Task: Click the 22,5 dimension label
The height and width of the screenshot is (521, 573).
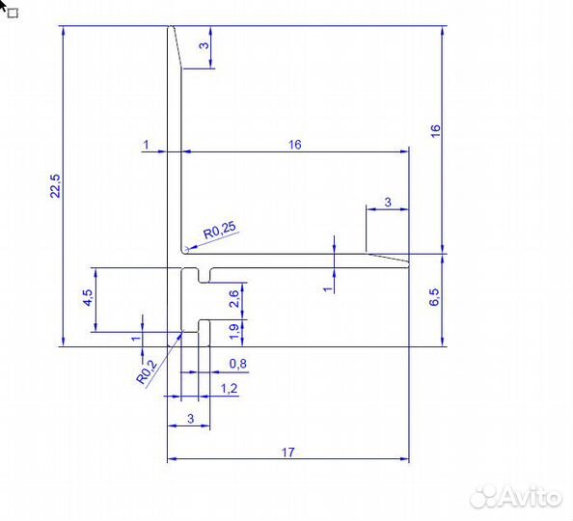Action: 55,186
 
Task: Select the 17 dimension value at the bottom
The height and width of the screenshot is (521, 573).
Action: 288,452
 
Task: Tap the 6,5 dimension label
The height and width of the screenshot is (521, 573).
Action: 434,297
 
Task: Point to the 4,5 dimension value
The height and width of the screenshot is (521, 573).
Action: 88,297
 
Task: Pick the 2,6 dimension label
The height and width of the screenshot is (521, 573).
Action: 233,299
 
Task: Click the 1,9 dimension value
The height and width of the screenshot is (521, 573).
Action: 233,332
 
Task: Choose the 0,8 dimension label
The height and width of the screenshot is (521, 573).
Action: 238,364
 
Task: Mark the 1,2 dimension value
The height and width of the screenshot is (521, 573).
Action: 230,388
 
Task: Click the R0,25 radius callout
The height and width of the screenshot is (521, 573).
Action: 220,231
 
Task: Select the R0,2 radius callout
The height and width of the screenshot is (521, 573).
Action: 147,371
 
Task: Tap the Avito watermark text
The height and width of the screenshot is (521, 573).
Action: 515,498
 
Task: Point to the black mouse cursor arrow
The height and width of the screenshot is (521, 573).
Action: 3,5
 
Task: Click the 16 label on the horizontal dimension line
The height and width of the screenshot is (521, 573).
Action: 295,145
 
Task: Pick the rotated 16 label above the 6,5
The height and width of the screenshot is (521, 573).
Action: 436,131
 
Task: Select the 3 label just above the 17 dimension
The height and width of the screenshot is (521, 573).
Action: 190,419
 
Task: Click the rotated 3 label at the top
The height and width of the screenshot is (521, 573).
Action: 205,45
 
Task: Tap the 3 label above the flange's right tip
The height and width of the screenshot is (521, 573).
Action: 388,202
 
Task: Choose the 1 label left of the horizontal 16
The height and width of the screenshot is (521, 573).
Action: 147,145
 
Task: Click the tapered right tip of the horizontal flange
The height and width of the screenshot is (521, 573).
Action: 408,264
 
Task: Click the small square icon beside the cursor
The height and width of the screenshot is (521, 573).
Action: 14,14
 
